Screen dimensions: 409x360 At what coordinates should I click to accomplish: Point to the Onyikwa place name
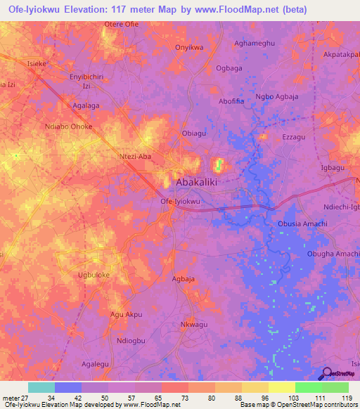188,48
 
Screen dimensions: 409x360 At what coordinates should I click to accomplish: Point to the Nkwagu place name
196,325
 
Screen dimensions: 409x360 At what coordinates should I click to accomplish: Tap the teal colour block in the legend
41,387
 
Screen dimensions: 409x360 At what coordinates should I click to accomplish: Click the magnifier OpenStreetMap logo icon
327,374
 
